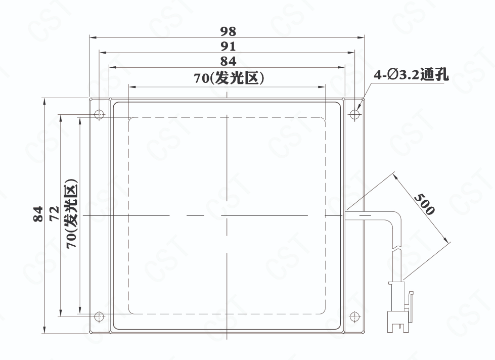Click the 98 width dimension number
pyautogui.click(x=228, y=31)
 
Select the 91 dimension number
pyautogui.click(x=228, y=47)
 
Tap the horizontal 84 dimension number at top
pyautogui.click(x=228, y=61)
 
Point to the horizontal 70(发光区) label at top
pyautogui.click(x=229, y=78)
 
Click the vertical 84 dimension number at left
pyautogui.click(x=38, y=214)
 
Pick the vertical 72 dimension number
pyautogui.click(x=54, y=213)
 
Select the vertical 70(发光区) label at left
pyautogui.click(x=71, y=214)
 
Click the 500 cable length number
pyautogui.click(x=424, y=204)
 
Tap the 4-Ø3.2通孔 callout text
pyautogui.click(x=411, y=75)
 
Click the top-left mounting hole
pyautogui.click(x=100, y=114)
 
